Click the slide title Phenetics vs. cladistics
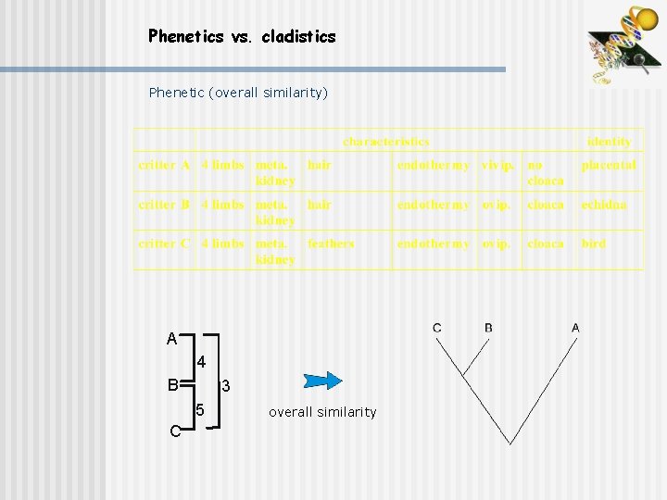pos(242,37)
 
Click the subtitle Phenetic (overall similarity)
pos(238,93)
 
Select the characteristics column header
pos(386,142)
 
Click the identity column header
pos(609,142)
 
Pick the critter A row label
pos(164,165)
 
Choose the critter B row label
pos(164,205)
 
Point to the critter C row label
pos(164,244)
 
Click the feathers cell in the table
pos(331,244)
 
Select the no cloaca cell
pos(546,172)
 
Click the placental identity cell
pos(609,165)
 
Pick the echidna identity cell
pos(604,205)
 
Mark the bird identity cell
pos(593,244)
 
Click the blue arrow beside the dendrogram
pos(323,381)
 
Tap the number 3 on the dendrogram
pos(224,385)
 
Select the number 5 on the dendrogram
pos(200,409)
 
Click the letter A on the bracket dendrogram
pos(171,340)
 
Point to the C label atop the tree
pos(437,328)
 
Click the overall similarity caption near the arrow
pos(322,412)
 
